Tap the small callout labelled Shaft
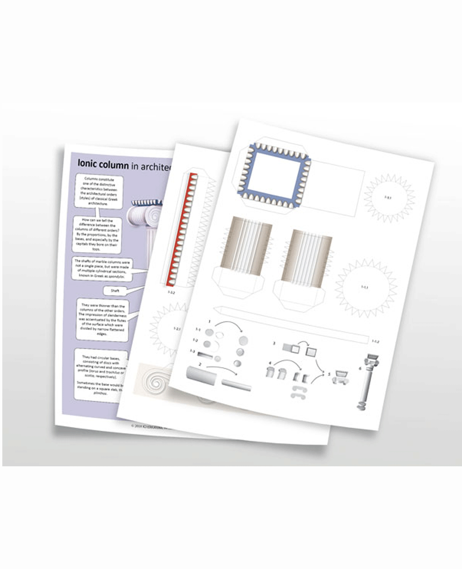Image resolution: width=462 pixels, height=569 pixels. click(115, 291)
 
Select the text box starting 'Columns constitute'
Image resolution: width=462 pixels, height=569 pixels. click(97, 191)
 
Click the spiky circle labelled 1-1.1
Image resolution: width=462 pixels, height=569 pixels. click(365, 287)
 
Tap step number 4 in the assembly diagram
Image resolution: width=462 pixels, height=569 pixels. click(271, 363)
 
